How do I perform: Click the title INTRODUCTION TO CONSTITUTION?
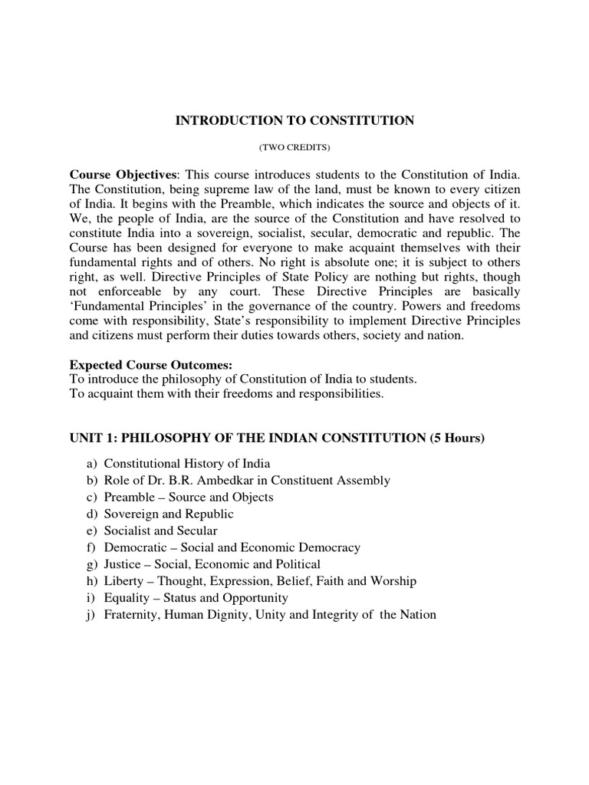[x=295, y=120]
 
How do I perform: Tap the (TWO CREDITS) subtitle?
[x=295, y=146]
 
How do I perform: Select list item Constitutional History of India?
[x=187, y=464]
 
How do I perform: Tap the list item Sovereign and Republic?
[x=169, y=514]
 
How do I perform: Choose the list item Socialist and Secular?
[x=161, y=530]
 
